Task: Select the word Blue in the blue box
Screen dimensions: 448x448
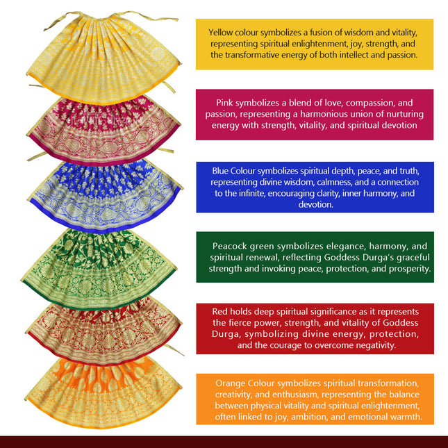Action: (220, 171)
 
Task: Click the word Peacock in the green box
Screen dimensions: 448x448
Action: (229, 246)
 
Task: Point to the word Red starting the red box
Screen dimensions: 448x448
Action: (219, 311)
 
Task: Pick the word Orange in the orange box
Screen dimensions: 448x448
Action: (231, 383)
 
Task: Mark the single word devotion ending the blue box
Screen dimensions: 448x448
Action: (315, 205)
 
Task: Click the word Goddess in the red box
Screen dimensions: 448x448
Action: (401, 323)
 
